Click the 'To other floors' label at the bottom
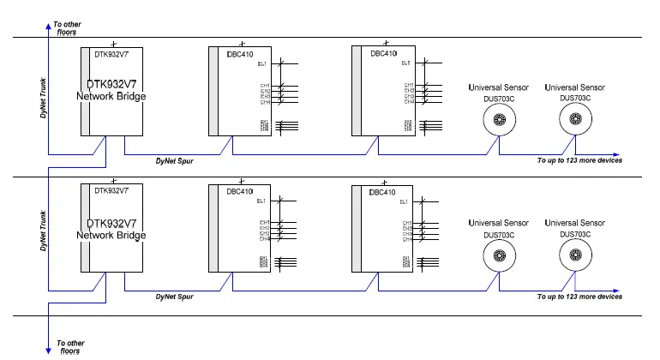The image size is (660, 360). (x=70, y=347)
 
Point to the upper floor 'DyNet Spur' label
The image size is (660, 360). (x=174, y=160)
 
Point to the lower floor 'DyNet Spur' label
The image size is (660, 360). (x=174, y=297)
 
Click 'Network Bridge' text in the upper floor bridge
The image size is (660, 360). (x=111, y=97)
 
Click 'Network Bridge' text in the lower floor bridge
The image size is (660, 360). (x=111, y=235)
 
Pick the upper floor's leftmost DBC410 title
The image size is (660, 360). (x=240, y=53)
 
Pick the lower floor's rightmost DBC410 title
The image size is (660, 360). (x=383, y=192)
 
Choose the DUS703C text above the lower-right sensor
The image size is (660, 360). (x=575, y=234)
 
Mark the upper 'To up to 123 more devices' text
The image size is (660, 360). (x=579, y=160)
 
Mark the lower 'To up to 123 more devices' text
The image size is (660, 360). (x=579, y=297)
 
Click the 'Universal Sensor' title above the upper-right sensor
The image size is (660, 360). (x=575, y=87)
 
